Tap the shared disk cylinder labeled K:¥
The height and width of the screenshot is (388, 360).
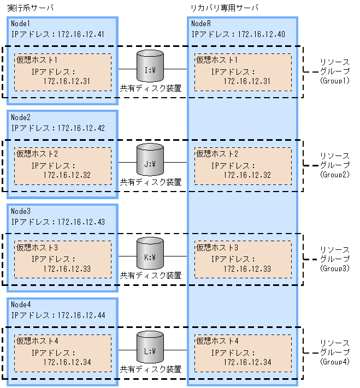click(x=150, y=254)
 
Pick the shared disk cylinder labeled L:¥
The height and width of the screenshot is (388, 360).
click(x=150, y=348)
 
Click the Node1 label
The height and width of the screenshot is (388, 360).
click(x=21, y=25)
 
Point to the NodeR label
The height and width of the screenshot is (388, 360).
click(x=200, y=25)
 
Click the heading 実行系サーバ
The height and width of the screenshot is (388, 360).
click(x=30, y=8)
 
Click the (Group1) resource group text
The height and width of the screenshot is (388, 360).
click(x=334, y=80)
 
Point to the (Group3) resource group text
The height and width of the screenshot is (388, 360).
click(x=334, y=268)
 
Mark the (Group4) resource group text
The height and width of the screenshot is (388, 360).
click(x=334, y=362)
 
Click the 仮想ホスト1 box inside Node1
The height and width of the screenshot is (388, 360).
click(x=63, y=72)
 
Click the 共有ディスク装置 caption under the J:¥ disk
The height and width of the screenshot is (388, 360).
click(x=151, y=182)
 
